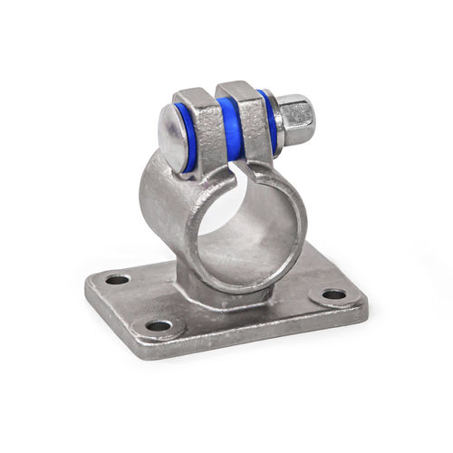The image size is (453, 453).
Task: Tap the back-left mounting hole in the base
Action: [x=118, y=279]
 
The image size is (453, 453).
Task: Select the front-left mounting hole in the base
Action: [x=159, y=324]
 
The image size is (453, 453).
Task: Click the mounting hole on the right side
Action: [x=334, y=294]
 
